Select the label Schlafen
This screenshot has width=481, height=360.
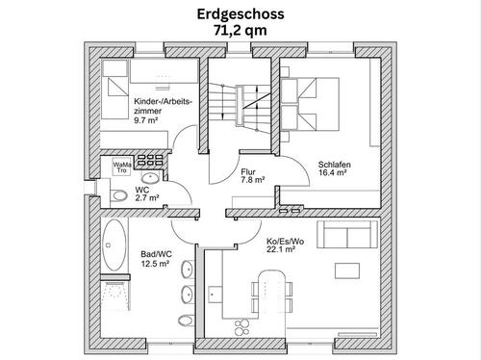333,165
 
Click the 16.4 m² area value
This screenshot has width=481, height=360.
334,175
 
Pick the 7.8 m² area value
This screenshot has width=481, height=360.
252,180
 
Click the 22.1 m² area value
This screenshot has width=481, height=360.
280,249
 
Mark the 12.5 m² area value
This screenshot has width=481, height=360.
155,262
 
